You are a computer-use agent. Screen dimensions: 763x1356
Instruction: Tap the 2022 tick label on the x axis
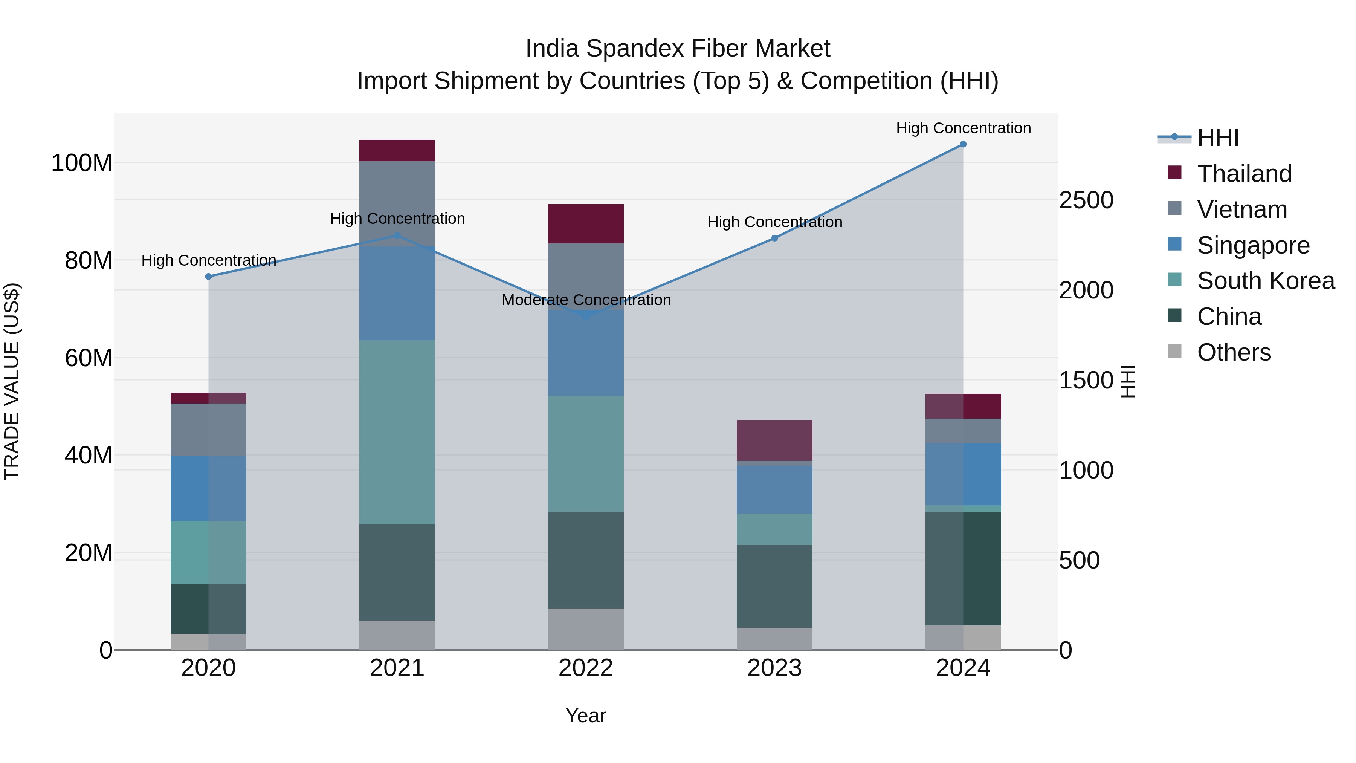(x=585, y=668)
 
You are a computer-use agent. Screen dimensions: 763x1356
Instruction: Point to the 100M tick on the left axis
(x=82, y=163)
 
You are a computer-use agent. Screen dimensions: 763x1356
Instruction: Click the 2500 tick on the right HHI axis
(x=1086, y=200)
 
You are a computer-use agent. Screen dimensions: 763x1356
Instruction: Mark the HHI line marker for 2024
(x=963, y=144)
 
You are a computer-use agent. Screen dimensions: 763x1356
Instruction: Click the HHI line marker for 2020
(x=208, y=277)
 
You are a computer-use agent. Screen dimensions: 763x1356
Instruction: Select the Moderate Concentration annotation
(x=586, y=300)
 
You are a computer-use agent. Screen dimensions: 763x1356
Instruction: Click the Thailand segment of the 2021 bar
(x=397, y=151)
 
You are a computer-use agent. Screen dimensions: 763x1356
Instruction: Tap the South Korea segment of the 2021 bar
(x=397, y=432)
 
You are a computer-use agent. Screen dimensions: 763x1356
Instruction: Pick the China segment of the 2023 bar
(x=774, y=586)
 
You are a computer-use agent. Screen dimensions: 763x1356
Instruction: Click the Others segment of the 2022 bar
(x=585, y=629)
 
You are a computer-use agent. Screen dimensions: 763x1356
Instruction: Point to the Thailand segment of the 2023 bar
(x=774, y=440)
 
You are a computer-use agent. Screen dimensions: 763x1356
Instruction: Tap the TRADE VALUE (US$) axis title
(x=12, y=381)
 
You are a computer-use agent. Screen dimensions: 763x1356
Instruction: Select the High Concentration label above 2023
(x=774, y=222)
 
